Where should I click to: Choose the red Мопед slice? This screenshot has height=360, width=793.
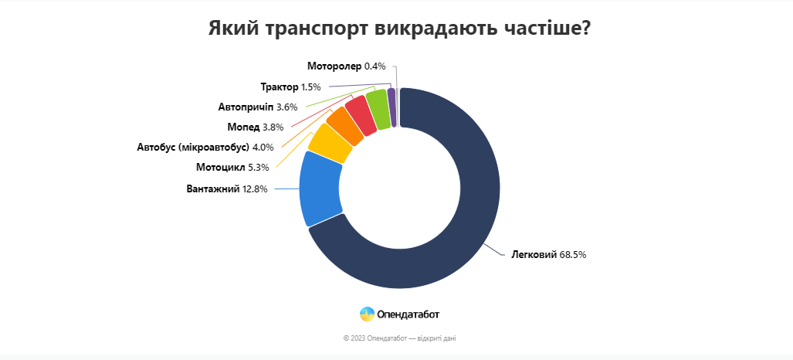[x=360, y=115]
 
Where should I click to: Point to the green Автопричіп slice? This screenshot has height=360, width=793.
[x=378, y=107]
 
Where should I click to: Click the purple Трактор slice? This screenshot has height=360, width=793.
[x=392, y=107]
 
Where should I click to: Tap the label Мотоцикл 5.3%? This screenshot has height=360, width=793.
[x=232, y=167]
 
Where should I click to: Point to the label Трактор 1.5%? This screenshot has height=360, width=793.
[x=290, y=87]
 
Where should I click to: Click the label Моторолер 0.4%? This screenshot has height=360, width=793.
[x=346, y=66]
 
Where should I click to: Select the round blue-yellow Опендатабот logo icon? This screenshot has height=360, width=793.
[x=367, y=314]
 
